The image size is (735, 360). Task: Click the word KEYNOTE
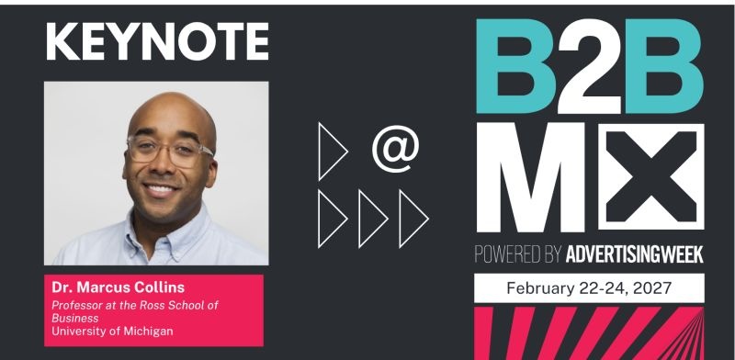tap(157, 41)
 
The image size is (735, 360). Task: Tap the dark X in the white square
tap(651, 177)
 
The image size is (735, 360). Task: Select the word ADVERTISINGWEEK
tap(635, 254)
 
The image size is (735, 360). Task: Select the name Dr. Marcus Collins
tap(119, 287)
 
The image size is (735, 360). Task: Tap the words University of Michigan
tap(112, 331)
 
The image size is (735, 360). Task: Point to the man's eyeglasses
tap(170, 150)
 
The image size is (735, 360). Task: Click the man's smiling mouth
tap(160, 189)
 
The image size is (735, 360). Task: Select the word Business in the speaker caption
tap(75, 318)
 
